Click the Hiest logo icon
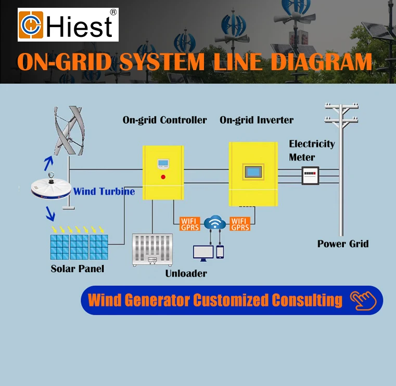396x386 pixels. (x=31, y=25)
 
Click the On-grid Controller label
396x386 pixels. (x=164, y=120)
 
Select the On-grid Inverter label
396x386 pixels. (x=257, y=120)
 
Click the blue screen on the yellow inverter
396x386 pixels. (x=252, y=172)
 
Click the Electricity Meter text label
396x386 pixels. (x=312, y=150)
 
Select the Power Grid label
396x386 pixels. (x=343, y=244)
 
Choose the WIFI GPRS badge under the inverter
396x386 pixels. (x=240, y=223)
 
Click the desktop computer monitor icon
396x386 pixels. (x=203, y=252)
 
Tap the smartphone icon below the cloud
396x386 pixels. (x=220, y=251)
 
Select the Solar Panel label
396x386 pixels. (x=78, y=269)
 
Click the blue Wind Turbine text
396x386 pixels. (x=104, y=192)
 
